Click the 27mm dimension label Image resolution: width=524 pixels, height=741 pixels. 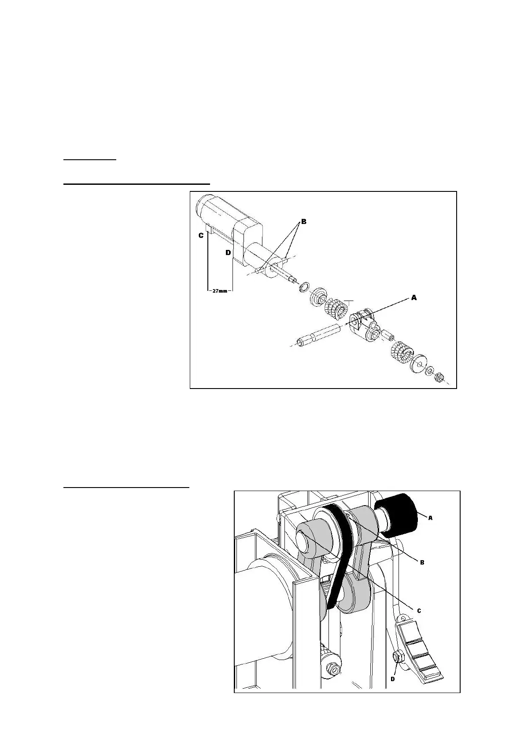click(x=219, y=290)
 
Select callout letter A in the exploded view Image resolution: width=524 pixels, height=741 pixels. click(x=414, y=298)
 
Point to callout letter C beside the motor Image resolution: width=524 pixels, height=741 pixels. click(x=201, y=235)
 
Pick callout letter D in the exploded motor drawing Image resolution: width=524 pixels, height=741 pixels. click(x=228, y=253)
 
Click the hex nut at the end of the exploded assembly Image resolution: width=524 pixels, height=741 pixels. click(x=438, y=377)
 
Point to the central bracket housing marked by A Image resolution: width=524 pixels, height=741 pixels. click(x=364, y=326)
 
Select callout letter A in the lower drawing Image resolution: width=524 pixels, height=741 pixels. click(x=430, y=518)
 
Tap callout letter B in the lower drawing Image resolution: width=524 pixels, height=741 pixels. click(x=422, y=562)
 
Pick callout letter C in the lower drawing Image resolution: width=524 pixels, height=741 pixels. click(x=419, y=610)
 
